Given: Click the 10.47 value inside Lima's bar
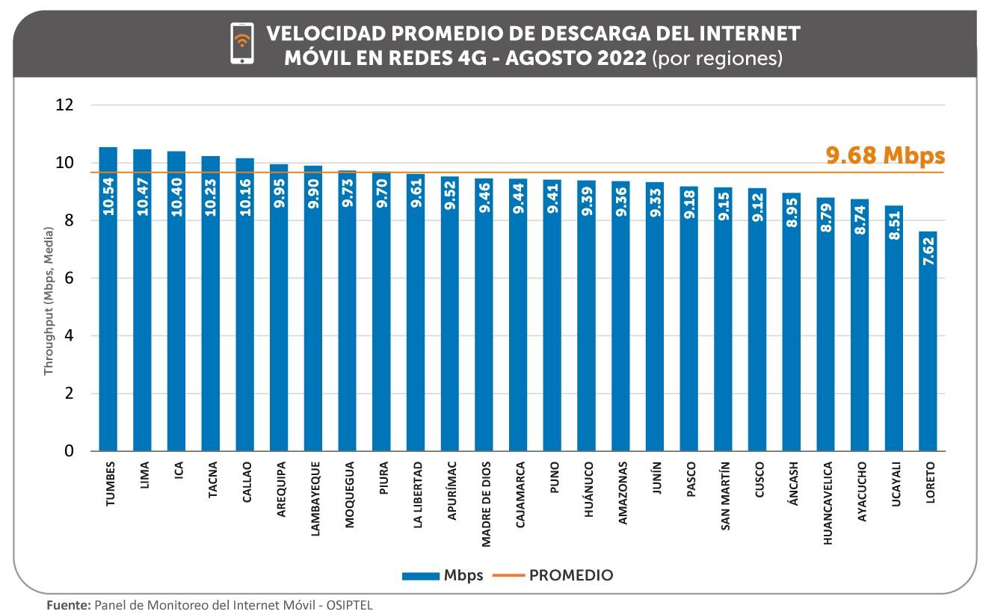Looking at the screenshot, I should tap(143, 196).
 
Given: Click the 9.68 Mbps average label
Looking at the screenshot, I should tap(885, 155).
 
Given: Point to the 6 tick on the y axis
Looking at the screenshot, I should tap(69, 278).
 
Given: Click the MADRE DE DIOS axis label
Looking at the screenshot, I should tap(487, 504).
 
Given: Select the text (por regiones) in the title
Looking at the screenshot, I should tap(718, 58).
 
